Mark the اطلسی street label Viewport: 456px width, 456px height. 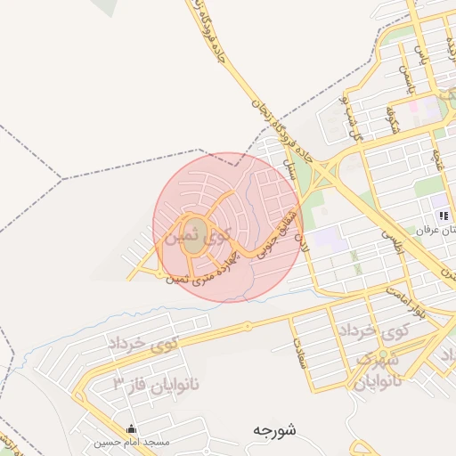point(393,241)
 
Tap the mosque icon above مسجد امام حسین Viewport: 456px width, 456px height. point(133,428)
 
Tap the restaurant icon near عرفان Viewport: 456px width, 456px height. point(443,216)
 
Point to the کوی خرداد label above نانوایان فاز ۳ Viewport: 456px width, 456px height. point(142,342)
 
